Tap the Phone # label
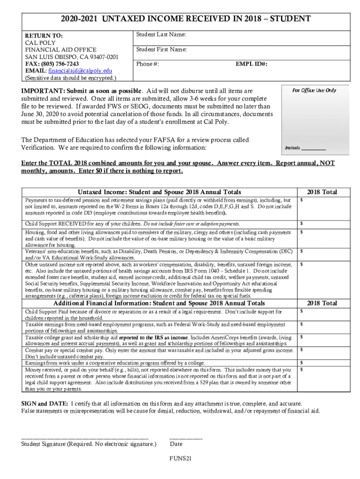pos(147,64)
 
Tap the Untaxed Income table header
pos(159,192)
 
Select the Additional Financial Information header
pos(159,303)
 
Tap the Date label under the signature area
pos(176,444)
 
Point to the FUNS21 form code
pos(180,458)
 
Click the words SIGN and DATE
pos(44,403)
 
